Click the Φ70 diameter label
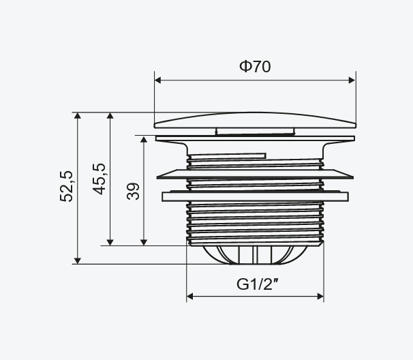pyautogui.click(x=255, y=66)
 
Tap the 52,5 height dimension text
pyautogui.click(x=66, y=186)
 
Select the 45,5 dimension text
pyautogui.click(x=100, y=179)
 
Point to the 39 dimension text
pyautogui.click(x=133, y=191)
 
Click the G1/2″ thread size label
pyautogui.click(x=258, y=284)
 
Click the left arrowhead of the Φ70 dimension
pyautogui.click(x=157, y=80)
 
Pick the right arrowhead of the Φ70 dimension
pyautogui.click(x=352, y=80)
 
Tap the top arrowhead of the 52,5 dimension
pyautogui.click(x=78, y=116)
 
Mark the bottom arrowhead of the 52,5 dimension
pyautogui.click(x=78, y=260)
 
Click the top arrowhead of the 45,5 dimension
pyautogui.click(x=110, y=116)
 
